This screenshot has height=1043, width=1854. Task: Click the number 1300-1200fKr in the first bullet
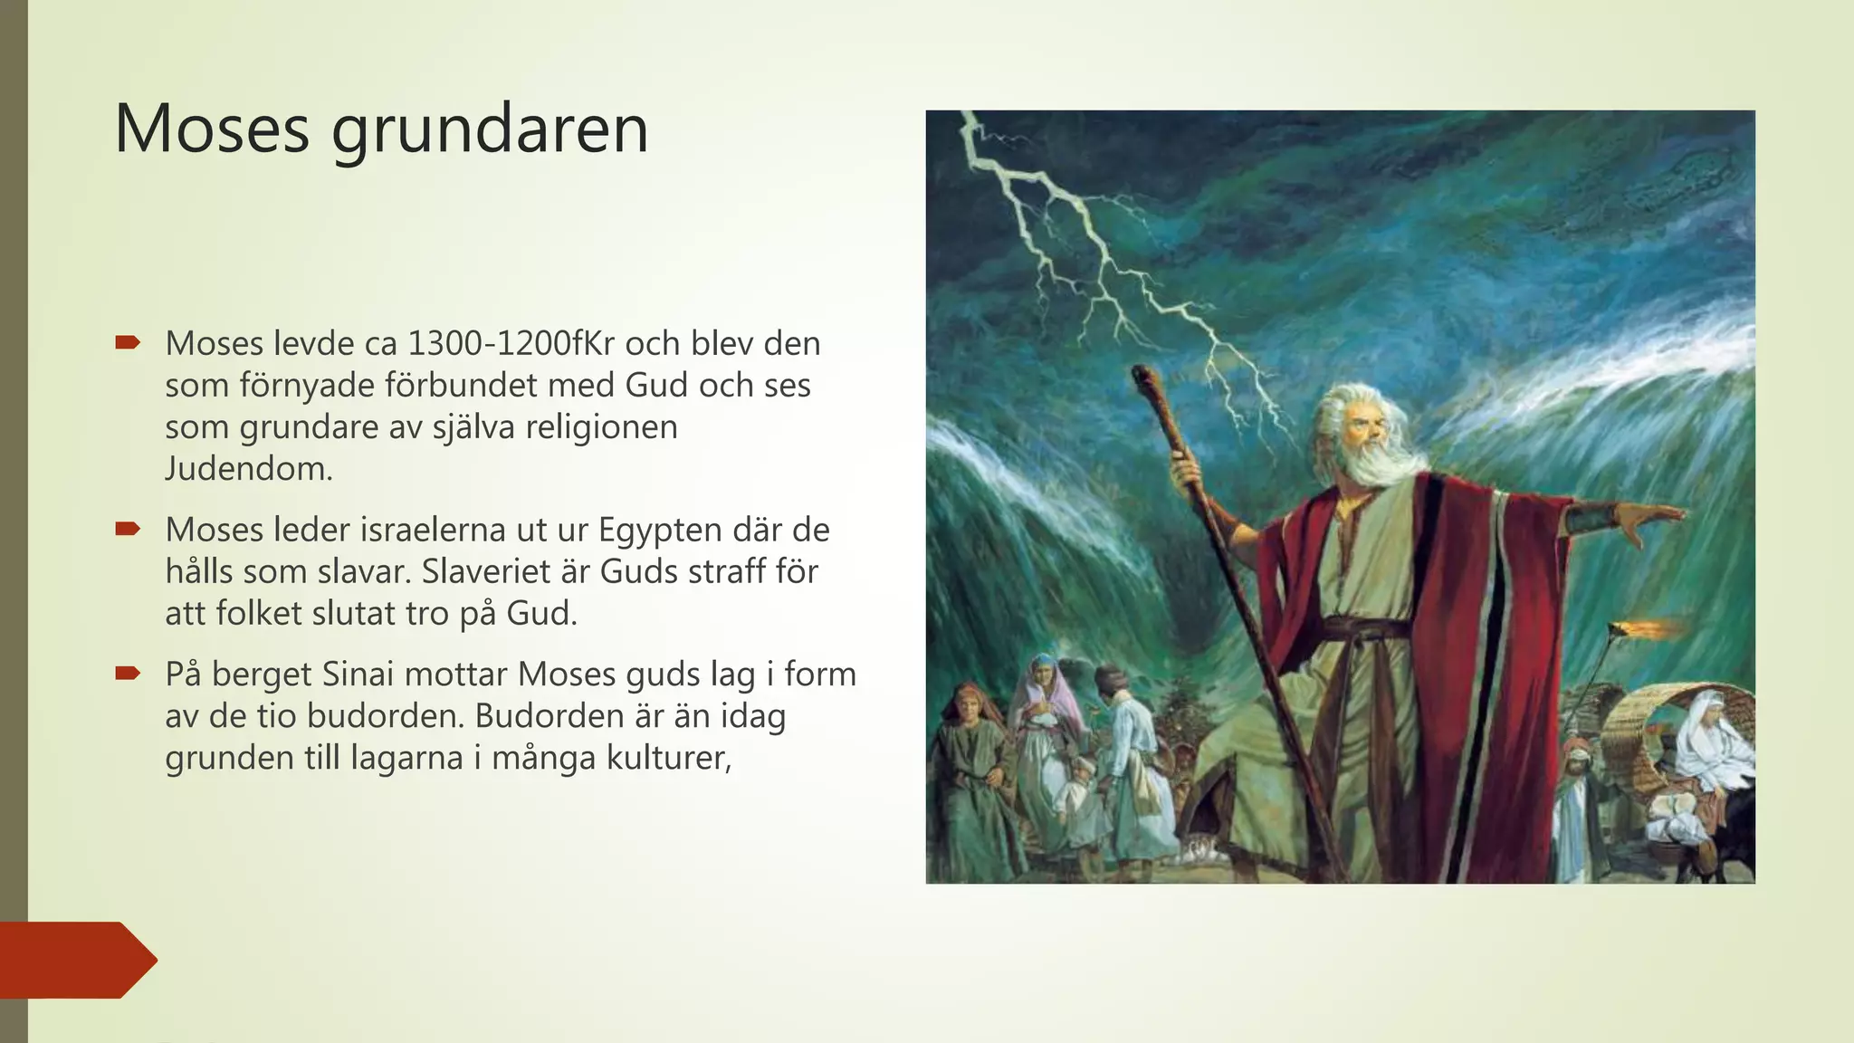[511, 344]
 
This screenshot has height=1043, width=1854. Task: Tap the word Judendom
[249, 469]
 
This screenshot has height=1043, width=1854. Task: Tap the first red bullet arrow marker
[128, 343]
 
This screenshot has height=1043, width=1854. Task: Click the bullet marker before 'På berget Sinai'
[128, 674]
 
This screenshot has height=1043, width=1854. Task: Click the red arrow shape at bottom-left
[77, 960]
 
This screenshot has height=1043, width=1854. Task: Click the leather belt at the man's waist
[1358, 627]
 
